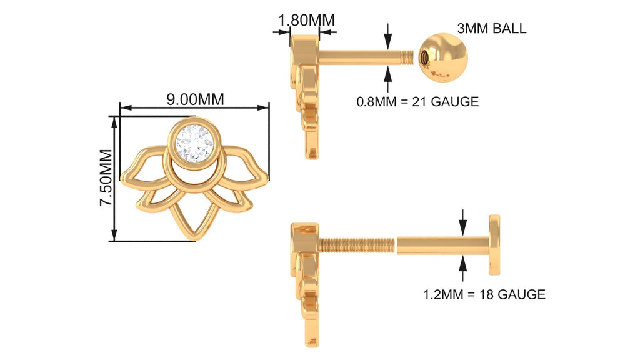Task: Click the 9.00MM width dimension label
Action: (x=195, y=99)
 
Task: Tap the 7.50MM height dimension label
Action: (x=106, y=177)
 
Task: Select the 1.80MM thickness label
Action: (x=306, y=20)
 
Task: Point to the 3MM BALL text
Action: (x=491, y=29)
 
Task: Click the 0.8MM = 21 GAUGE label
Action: (x=417, y=101)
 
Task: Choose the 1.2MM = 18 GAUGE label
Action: (x=484, y=294)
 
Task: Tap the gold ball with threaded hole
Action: (x=443, y=58)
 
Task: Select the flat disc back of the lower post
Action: (x=494, y=244)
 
